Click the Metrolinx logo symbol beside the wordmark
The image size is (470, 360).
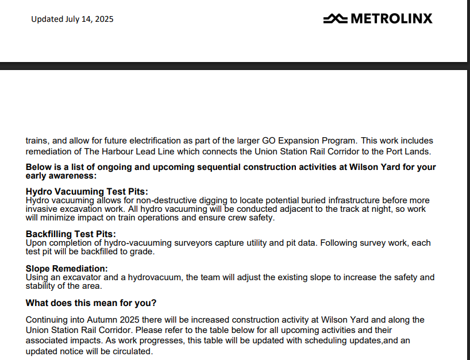[335, 19]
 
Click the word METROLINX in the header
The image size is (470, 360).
[391, 19]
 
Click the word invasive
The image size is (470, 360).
[42, 209]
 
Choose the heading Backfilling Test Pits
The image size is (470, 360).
[71, 234]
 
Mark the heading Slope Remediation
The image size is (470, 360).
[67, 269]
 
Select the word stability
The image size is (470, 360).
[41, 286]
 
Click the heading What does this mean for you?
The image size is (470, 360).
[91, 303]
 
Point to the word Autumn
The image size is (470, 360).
[91, 320]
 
